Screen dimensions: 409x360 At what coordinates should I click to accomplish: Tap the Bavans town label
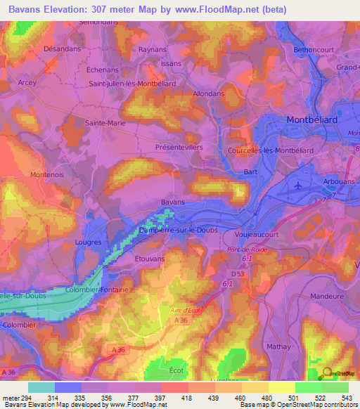(172, 202)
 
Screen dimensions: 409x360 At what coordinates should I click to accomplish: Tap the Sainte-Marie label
(105, 122)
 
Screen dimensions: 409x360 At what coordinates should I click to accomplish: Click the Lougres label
(88, 242)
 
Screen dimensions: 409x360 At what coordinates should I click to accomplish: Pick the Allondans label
(209, 93)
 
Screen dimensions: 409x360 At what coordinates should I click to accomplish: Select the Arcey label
(27, 82)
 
